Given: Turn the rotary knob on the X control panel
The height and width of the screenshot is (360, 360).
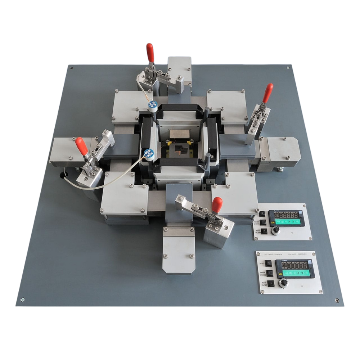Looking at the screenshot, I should point(284,284).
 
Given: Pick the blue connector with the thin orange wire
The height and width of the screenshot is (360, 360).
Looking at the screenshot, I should point(152,104).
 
